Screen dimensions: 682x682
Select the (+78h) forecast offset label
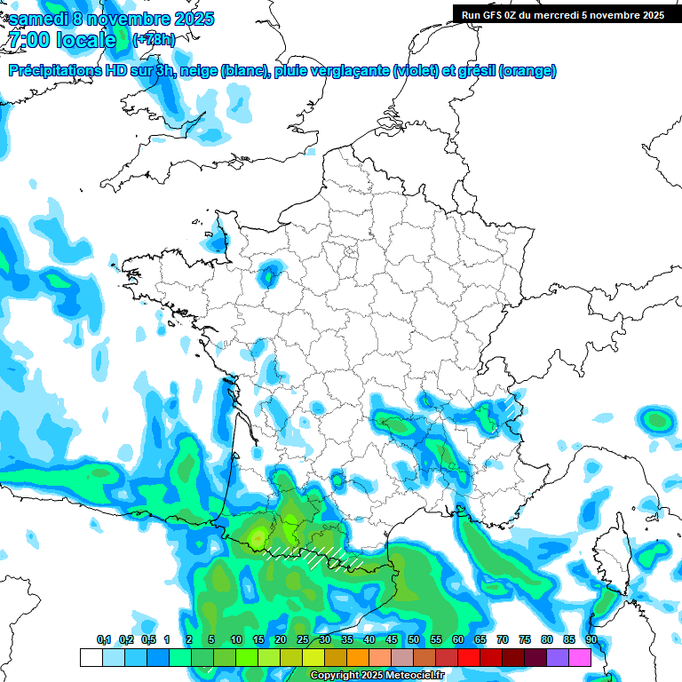pyautogui.click(x=154, y=40)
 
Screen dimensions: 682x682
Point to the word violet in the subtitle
pyautogui.click(x=415, y=71)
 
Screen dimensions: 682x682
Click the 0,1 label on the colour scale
pyautogui.click(x=104, y=640)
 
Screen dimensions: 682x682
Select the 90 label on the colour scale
pyautogui.click(x=591, y=640)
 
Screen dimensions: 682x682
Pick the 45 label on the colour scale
pyautogui.click(x=392, y=640)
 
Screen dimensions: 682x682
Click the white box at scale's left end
pyautogui.click(x=91, y=657)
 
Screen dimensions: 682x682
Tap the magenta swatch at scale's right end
pyautogui.click(x=580, y=657)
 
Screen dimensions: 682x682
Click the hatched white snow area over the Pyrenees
pyautogui.click(x=315, y=557)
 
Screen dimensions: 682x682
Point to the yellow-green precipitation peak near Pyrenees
pyautogui.click(x=258, y=535)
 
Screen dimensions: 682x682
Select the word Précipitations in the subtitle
pyautogui.click(x=53, y=71)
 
